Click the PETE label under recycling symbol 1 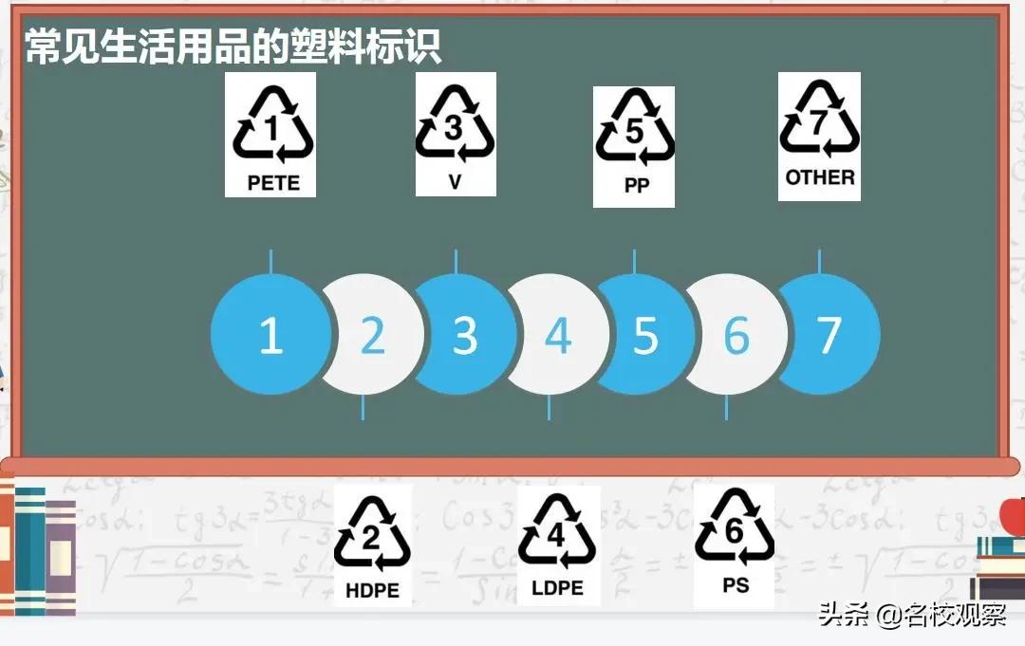point(272,182)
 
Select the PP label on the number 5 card point(636,186)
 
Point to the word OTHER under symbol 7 point(820,176)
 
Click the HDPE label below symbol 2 point(372,590)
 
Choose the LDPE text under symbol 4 point(557,588)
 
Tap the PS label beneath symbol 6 point(736,585)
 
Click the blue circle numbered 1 point(270,335)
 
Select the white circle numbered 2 point(373,335)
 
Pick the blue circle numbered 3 point(464,335)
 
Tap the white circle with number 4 point(557,335)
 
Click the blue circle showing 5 point(645,335)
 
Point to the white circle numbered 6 point(736,335)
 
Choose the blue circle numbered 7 point(829,335)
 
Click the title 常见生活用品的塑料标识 point(233,46)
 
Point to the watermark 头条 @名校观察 point(912,616)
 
